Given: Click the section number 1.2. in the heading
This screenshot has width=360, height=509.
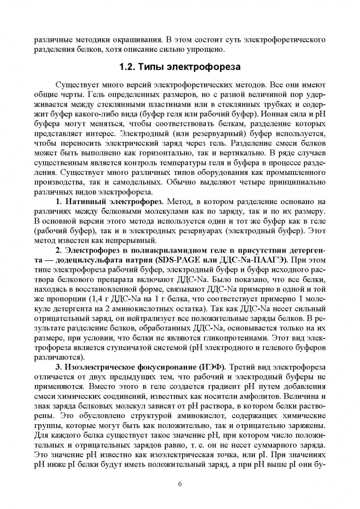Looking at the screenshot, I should [x=128, y=67].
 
